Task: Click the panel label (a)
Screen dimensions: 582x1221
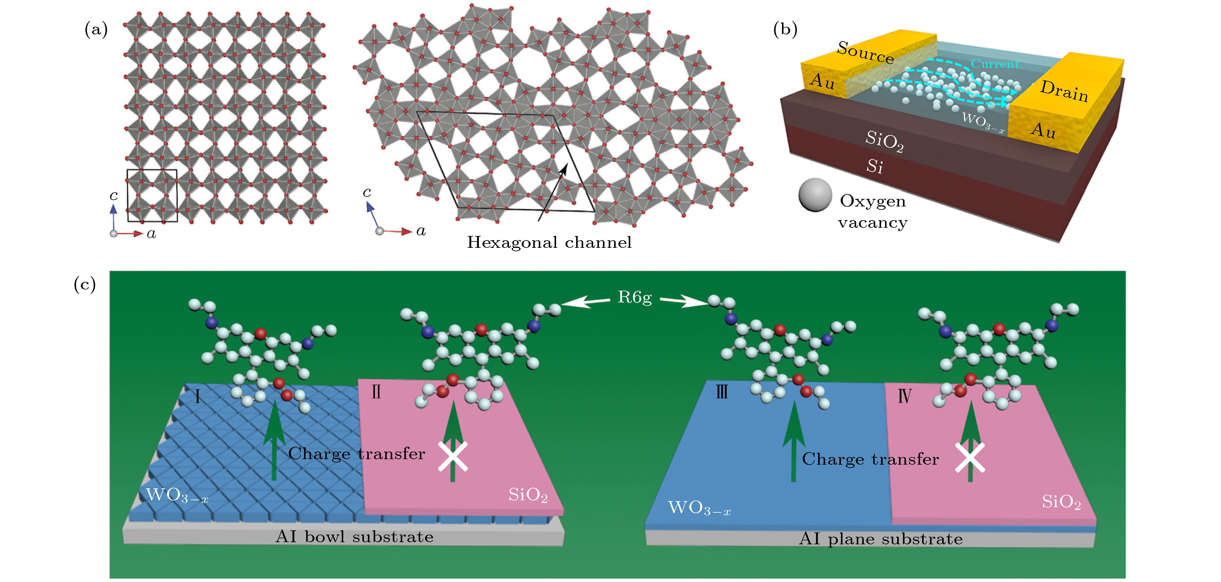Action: (x=96, y=30)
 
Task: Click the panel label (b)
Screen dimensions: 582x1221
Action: (x=785, y=30)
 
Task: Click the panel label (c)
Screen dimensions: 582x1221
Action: (x=85, y=285)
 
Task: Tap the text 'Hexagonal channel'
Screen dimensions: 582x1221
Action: (x=549, y=243)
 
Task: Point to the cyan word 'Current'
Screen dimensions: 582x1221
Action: (x=994, y=64)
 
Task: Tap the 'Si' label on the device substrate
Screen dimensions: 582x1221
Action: (x=874, y=166)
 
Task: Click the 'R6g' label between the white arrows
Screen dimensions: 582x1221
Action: (x=635, y=298)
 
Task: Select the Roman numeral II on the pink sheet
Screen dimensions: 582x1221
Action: (x=376, y=392)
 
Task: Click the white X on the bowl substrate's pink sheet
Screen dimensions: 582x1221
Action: (x=453, y=456)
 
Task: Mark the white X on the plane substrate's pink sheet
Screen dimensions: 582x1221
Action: (x=969, y=458)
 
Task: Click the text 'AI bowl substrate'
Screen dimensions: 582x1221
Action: (x=354, y=537)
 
